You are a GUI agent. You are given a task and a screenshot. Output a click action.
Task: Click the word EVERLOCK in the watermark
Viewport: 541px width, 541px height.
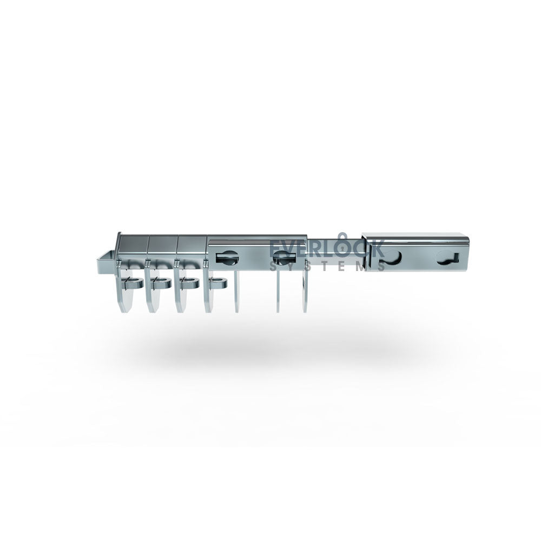(x=326, y=248)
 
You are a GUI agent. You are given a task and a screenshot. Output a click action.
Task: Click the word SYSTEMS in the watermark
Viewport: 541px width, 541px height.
(x=327, y=266)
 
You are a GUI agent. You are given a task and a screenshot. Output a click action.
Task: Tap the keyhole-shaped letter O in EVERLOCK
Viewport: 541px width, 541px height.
(x=341, y=246)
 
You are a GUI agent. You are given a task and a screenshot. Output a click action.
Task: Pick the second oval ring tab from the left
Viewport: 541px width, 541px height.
(x=161, y=283)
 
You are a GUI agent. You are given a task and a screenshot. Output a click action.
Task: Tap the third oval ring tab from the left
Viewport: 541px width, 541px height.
(x=189, y=283)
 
